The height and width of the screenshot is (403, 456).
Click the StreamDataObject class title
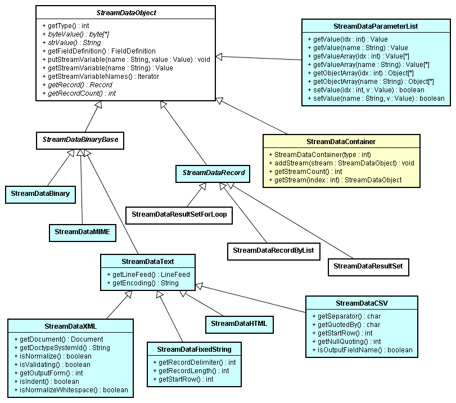[125, 12]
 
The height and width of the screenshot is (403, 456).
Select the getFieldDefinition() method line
[99, 51]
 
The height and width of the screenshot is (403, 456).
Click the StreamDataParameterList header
[376, 26]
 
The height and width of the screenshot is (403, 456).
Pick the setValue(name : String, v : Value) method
[376, 98]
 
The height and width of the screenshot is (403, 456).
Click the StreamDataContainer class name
[341, 141]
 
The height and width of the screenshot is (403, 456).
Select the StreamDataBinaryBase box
[80, 140]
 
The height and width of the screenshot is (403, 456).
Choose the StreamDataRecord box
[214, 173]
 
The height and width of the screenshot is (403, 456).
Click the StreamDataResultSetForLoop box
[179, 214]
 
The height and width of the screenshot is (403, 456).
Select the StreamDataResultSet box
[368, 266]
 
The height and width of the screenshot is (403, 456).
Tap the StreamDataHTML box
[238, 323]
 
